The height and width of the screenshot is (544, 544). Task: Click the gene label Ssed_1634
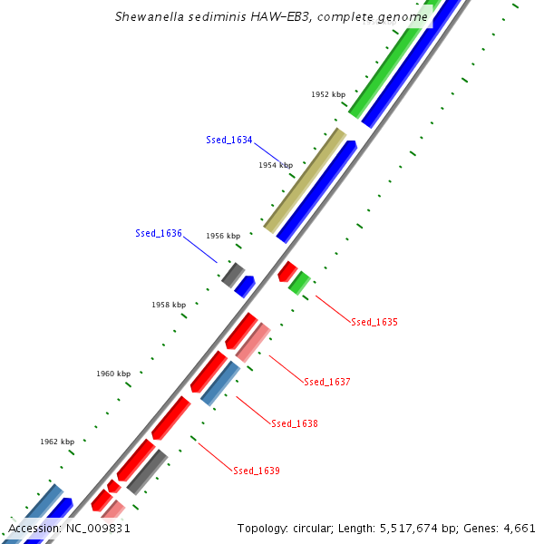click(228, 140)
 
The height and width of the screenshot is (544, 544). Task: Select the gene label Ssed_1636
click(159, 233)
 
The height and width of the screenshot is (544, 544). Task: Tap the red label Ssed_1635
click(374, 322)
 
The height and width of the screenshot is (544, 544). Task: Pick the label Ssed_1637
click(327, 382)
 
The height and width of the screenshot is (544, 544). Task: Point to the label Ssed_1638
click(295, 423)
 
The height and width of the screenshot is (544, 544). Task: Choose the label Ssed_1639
click(257, 471)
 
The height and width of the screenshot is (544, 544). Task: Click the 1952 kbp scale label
click(328, 94)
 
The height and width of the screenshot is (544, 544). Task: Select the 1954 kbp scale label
click(276, 165)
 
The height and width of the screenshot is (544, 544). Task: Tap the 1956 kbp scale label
click(223, 236)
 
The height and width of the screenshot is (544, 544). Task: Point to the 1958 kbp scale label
click(169, 305)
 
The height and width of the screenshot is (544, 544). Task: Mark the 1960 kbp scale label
click(113, 374)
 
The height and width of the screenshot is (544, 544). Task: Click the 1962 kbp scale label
click(57, 442)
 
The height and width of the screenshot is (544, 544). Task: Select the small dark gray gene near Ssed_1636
click(233, 273)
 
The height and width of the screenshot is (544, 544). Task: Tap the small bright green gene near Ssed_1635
click(299, 282)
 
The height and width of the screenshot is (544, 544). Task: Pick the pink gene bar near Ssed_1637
click(253, 341)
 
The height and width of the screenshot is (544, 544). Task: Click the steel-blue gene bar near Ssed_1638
click(220, 383)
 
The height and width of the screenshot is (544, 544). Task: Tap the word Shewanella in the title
click(147, 16)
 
